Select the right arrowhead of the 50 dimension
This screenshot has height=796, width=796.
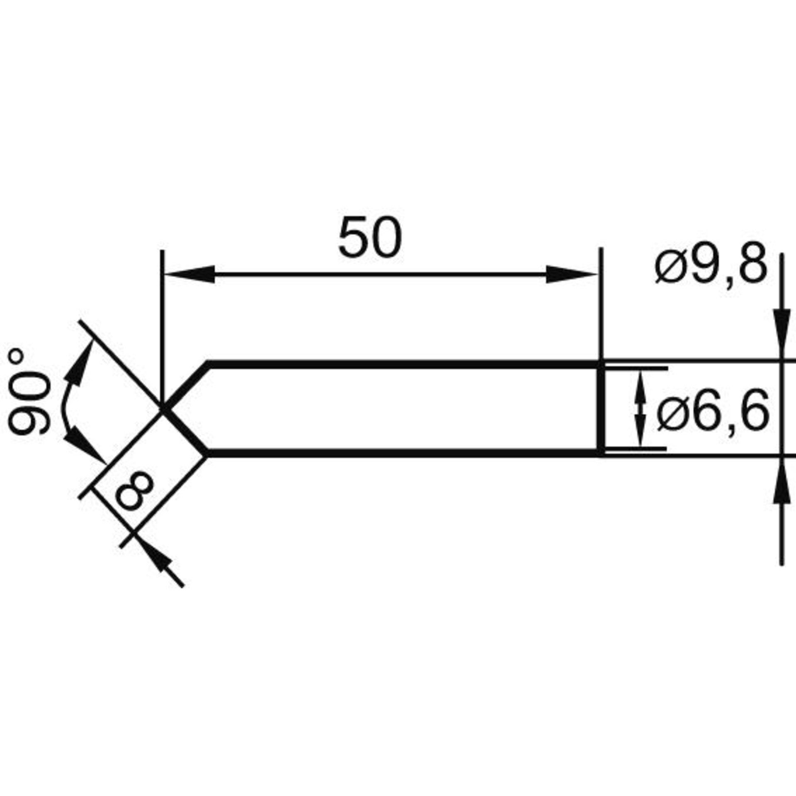tap(573, 274)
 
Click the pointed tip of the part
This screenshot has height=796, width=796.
tap(163, 408)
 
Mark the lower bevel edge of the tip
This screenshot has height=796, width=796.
tap(185, 432)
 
